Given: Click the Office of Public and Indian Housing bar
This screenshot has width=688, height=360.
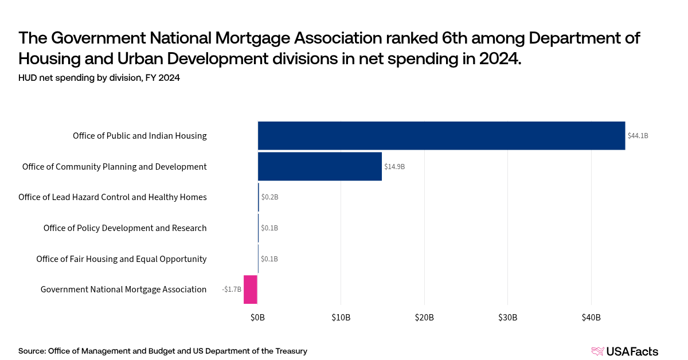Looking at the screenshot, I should [441, 136].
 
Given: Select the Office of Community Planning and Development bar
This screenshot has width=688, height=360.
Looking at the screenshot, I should [319, 167].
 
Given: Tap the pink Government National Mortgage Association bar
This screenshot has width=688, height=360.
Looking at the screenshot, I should [251, 289].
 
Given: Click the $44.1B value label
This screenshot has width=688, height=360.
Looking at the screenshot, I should [638, 136].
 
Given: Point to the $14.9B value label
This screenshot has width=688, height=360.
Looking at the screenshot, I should [394, 167].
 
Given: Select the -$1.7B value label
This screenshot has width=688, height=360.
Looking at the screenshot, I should [232, 289].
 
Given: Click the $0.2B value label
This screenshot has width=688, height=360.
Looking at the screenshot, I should [269, 197].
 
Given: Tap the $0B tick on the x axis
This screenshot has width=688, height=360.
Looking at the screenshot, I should [257, 318].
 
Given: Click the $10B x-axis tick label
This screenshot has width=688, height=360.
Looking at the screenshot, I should [341, 318].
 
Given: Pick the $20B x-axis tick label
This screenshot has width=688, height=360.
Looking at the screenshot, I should [424, 318].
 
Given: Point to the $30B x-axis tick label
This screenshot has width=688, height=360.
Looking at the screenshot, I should [507, 318].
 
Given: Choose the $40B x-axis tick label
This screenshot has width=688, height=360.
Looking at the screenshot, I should [591, 318].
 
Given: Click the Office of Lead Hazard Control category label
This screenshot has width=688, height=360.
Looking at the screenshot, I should [112, 197].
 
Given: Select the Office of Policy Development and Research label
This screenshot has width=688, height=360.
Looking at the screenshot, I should [125, 228].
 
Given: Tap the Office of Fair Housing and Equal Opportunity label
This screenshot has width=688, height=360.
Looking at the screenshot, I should [121, 259].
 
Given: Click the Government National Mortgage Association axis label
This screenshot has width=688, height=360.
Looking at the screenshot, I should [123, 289].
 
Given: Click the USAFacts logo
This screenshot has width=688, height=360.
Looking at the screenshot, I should [624, 351].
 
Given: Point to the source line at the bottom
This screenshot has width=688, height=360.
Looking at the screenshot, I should [163, 351].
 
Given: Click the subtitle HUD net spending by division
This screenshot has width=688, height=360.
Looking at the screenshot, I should [99, 79].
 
